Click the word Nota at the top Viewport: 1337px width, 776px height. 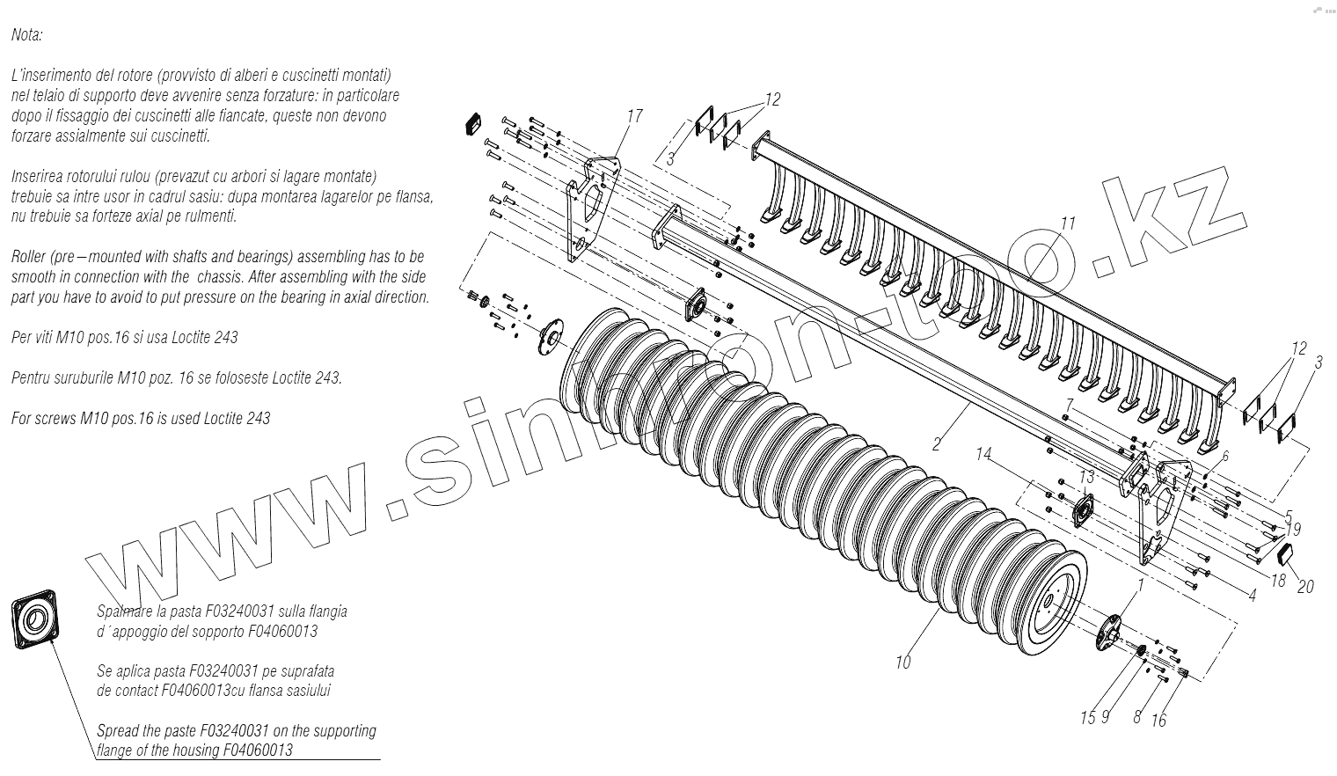coord(27,36)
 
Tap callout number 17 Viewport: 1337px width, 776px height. coord(634,116)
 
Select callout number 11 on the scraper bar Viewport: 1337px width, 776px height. coord(1068,223)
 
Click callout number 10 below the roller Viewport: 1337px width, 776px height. coord(903,663)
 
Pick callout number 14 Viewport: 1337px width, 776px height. coord(984,454)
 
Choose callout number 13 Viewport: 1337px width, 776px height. coord(1087,476)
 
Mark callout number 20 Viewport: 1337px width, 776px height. coord(1305,586)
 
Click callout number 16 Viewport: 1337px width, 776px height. coord(1158,721)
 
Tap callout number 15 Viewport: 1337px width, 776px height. coord(1088,718)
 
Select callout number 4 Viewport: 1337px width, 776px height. coord(1252,595)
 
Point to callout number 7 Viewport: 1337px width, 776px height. coord(1068,404)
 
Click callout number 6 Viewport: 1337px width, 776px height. coord(1224,455)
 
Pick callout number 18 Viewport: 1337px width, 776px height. coord(1279,581)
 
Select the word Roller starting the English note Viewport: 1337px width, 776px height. coord(30,257)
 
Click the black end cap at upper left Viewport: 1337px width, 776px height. coord(473,123)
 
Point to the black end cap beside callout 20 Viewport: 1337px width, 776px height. coord(1283,553)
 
